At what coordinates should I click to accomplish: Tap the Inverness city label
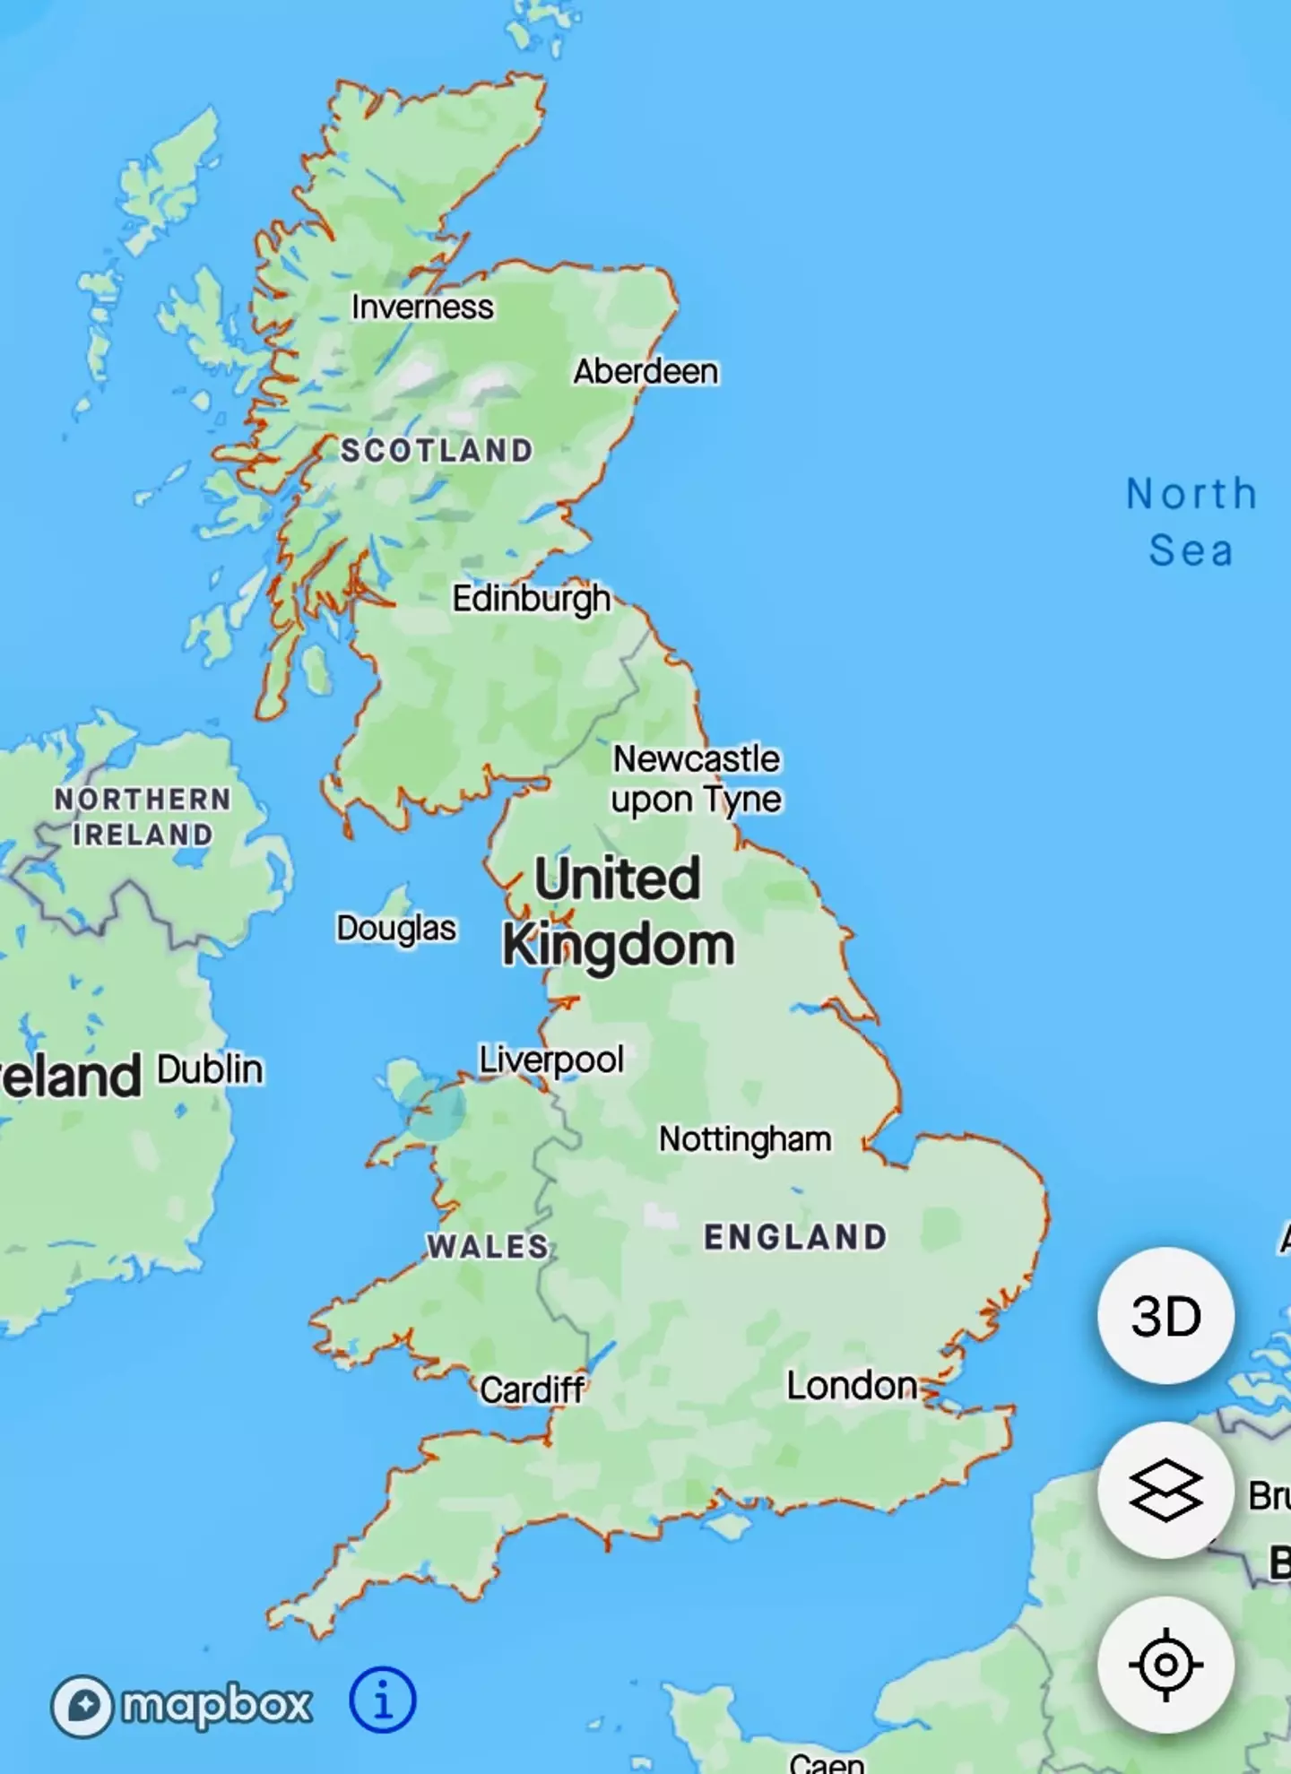pos(422,307)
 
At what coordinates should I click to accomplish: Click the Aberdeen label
pos(645,371)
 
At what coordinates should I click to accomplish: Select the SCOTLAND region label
pos(437,450)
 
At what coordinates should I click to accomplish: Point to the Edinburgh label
pos(531,599)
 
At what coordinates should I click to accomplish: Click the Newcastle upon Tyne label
pos(697,779)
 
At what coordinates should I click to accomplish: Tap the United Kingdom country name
pos(619,912)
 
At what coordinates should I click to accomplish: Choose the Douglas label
pos(396,929)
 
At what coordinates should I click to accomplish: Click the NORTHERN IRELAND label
pos(143,817)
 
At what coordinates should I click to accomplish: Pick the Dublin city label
pos(211,1069)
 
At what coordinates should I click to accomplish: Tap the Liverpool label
pos(551,1060)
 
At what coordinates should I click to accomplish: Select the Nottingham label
pos(745,1139)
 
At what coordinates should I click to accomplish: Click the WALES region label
pos(488,1246)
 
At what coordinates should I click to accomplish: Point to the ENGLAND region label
pos(796,1237)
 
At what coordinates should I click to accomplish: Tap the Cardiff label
pos(533,1390)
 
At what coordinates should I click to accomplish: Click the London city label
pos(852,1386)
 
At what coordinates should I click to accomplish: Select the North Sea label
pos(1191,522)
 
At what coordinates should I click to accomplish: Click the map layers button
pos(1165,1490)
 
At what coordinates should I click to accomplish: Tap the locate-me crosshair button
pos(1165,1665)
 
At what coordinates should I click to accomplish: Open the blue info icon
pos(382,1700)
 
